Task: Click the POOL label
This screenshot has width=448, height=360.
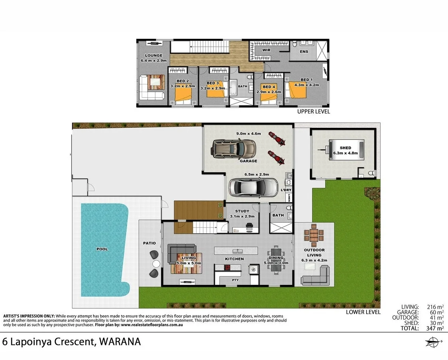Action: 102,249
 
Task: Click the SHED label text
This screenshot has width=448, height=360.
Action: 345,148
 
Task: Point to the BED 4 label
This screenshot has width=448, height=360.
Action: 269,87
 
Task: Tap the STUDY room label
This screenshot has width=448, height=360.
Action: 242,211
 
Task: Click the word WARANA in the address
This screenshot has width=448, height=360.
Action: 121,342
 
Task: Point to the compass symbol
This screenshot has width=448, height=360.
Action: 431,342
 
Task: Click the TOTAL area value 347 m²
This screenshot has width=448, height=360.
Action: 435,328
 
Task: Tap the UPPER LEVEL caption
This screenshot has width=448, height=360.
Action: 313,112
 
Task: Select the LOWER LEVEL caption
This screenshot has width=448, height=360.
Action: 363,312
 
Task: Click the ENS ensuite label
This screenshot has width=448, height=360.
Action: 304,52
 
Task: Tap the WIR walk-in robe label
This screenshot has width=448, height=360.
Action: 266,50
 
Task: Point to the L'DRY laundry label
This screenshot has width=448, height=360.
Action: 286,190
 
